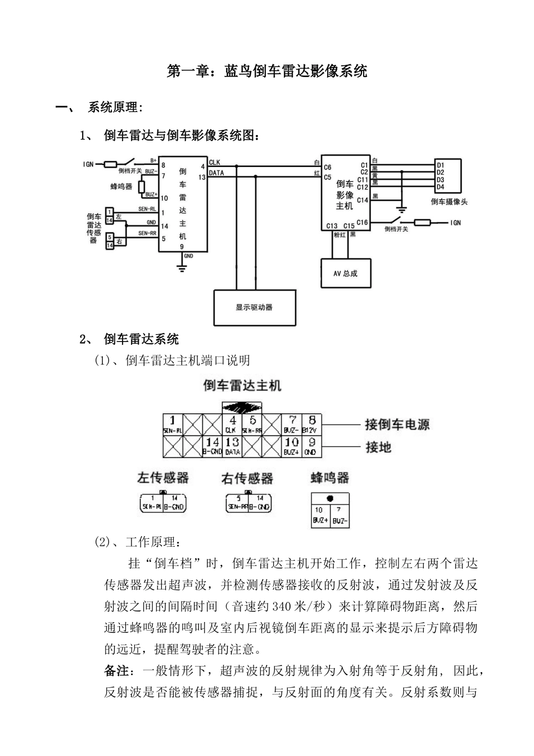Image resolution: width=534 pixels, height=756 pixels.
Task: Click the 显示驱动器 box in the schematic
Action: pos(255,308)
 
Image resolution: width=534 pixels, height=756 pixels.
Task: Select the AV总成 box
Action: pos(345,273)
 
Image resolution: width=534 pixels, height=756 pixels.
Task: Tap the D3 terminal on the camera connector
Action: pos(440,179)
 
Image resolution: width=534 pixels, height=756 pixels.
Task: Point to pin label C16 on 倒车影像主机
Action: pos(362,222)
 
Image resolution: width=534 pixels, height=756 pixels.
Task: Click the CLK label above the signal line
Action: pos(215,163)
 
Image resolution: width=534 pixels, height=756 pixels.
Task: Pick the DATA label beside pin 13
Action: pos(216,173)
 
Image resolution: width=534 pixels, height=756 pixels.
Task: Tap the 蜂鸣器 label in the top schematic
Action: pos(121,186)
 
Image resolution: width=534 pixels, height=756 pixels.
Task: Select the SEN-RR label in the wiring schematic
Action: pos(147,233)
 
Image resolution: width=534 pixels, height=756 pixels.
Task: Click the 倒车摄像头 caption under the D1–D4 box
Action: pos(449,201)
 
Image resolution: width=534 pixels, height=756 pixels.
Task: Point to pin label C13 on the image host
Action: pos(332,226)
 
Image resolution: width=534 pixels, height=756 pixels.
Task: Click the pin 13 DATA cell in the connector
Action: pos(232,447)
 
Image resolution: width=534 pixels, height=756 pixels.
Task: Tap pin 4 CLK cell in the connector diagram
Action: pos(232,425)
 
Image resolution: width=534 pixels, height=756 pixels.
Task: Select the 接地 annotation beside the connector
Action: pos(378,447)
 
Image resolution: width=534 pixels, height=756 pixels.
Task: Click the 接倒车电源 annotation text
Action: pos(397,425)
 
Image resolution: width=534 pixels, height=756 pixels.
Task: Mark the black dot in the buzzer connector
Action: pos(330,498)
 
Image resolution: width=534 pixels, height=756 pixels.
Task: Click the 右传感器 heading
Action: pos(247,479)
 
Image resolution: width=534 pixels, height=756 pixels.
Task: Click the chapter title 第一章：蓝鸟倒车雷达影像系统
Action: pos(267,71)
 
